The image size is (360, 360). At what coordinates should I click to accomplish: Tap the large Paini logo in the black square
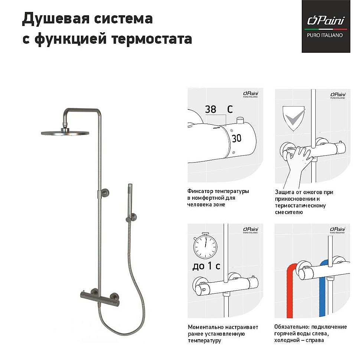(x=325, y=21)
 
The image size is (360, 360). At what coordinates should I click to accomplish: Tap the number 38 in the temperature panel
(x=210, y=109)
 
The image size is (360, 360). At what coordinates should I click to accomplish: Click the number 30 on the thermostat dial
(x=236, y=139)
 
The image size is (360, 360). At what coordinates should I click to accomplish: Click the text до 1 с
(x=206, y=267)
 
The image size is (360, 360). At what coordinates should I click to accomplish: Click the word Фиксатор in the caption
(x=200, y=192)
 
